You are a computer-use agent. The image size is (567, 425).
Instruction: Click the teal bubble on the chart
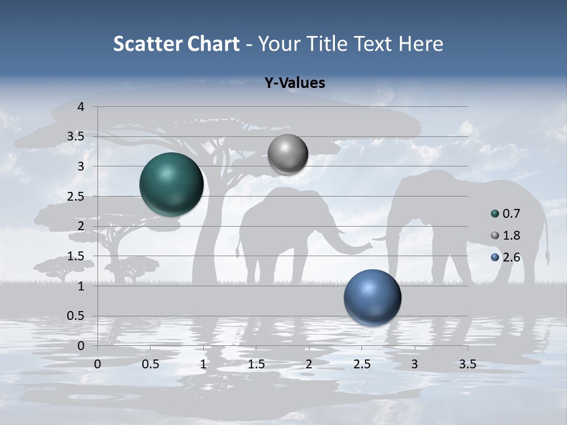(x=171, y=184)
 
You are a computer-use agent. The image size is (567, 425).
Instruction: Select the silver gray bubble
(x=288, y=154)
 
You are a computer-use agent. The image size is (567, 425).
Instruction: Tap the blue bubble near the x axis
(x=372, y=297)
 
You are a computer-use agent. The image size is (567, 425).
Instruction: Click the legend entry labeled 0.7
(x=510, y=214)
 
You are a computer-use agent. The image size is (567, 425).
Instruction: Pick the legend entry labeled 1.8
(x=510, y=236)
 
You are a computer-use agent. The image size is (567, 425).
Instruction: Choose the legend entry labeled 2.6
(x=510, y=257)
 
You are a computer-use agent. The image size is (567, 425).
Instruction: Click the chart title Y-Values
(x=294, y=83)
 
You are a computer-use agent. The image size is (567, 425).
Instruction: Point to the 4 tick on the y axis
(x=81, y=107)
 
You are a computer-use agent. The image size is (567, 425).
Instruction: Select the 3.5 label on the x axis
(x=467, y=364)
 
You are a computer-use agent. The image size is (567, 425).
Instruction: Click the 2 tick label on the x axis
(x=309, y=364)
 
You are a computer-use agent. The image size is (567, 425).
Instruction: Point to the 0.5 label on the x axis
(x=151, y=364)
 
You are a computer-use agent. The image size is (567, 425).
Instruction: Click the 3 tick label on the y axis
(x=81, y=166)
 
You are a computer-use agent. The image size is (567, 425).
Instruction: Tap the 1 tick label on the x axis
(x=203, y=364)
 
